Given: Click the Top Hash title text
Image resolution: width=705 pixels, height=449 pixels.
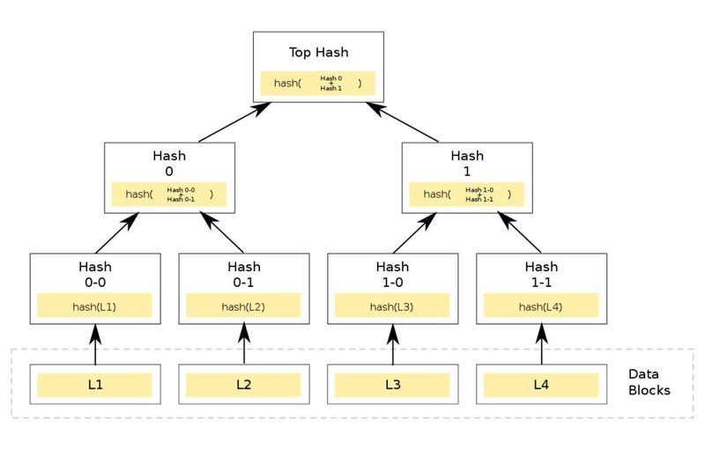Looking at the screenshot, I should point(318,52).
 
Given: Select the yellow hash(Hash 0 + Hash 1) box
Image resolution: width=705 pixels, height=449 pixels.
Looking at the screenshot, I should point(318,84).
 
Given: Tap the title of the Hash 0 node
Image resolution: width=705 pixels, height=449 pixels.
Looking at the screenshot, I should point(169,163).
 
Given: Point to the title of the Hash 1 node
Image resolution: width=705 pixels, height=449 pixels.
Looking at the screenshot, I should point(467,163).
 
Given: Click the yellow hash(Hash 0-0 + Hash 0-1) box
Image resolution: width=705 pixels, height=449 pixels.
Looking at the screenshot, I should point(169,195).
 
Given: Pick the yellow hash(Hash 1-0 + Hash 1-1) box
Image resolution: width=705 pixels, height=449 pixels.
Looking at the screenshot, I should point(467,195).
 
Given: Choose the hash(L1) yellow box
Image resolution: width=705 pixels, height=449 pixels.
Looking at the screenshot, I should point(94,306).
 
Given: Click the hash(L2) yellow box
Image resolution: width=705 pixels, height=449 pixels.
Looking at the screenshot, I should point(244,306).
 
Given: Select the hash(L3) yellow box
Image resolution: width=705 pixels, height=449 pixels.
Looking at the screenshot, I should point(393,306).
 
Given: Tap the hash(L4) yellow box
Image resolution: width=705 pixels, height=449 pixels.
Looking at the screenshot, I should point(542,306).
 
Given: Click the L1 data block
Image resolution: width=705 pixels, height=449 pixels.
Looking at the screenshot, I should point(94,385).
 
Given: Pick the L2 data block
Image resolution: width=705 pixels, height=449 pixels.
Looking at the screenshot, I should point(244,385).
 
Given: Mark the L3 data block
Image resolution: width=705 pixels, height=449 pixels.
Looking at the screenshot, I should point(393,385).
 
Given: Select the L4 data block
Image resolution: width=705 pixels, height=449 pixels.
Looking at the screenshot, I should point(542,385).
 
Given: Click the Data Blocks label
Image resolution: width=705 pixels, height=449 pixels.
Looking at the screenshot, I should point(649,382).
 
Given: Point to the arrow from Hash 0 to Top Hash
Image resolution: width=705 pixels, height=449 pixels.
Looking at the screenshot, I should point(234,122).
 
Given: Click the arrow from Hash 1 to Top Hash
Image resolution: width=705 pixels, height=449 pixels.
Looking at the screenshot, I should point(403,122).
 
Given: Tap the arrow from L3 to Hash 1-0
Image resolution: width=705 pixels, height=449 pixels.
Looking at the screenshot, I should point(393,344).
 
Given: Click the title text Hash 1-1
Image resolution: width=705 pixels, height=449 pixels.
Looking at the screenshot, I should point(542,274).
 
